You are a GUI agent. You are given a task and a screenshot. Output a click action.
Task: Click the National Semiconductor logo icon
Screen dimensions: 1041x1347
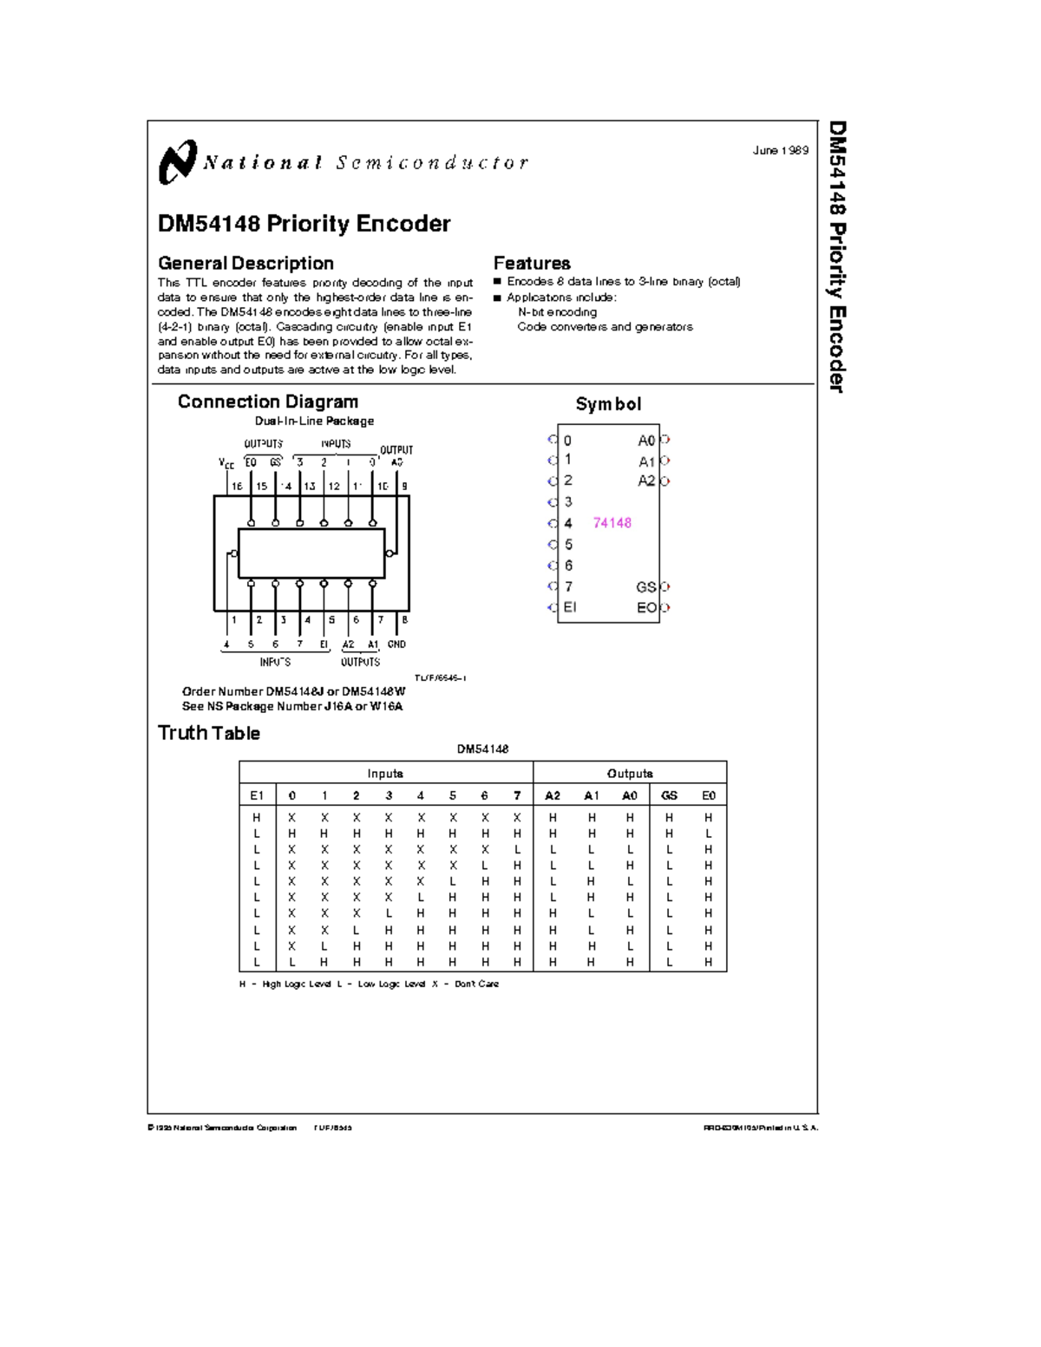[178, 162]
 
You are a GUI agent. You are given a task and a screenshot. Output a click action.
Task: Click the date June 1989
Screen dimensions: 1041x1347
[780, 150]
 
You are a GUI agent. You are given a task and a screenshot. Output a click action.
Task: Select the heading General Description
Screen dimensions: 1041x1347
[246, 263]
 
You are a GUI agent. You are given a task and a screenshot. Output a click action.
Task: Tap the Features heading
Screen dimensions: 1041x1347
[532, 263]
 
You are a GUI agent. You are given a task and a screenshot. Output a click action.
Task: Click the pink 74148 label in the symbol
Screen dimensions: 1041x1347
[612, 522]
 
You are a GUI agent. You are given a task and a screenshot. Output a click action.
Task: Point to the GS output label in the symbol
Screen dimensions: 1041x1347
[646, 587]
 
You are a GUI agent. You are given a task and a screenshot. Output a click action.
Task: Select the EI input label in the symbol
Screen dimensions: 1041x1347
[569, 607]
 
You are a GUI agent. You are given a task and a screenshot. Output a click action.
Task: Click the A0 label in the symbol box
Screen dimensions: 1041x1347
[647, 441]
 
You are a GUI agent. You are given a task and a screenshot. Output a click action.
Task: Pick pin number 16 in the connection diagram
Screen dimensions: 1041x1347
[236, 487]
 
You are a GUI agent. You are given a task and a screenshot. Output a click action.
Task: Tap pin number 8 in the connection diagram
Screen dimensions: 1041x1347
[404, 620]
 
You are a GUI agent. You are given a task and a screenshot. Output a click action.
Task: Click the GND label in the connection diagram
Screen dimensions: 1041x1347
[396, 644]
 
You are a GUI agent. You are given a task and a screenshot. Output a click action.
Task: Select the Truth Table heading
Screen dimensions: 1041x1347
[209, 733]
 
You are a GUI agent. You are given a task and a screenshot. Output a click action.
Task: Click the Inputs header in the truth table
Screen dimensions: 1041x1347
[385, 774]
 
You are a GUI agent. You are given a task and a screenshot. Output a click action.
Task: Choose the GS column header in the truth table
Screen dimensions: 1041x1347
[669, 795]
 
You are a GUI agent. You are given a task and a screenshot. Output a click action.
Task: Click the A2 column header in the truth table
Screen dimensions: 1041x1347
[553, 795]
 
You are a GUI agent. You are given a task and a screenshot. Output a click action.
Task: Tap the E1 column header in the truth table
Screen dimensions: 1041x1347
[257, 795]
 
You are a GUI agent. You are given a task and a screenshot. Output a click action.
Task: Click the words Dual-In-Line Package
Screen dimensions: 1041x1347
[314, 421]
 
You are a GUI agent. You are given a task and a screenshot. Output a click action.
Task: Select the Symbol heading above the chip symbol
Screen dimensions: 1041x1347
[608, 404]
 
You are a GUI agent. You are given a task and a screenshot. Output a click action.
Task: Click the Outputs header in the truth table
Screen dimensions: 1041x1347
[630, 774]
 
